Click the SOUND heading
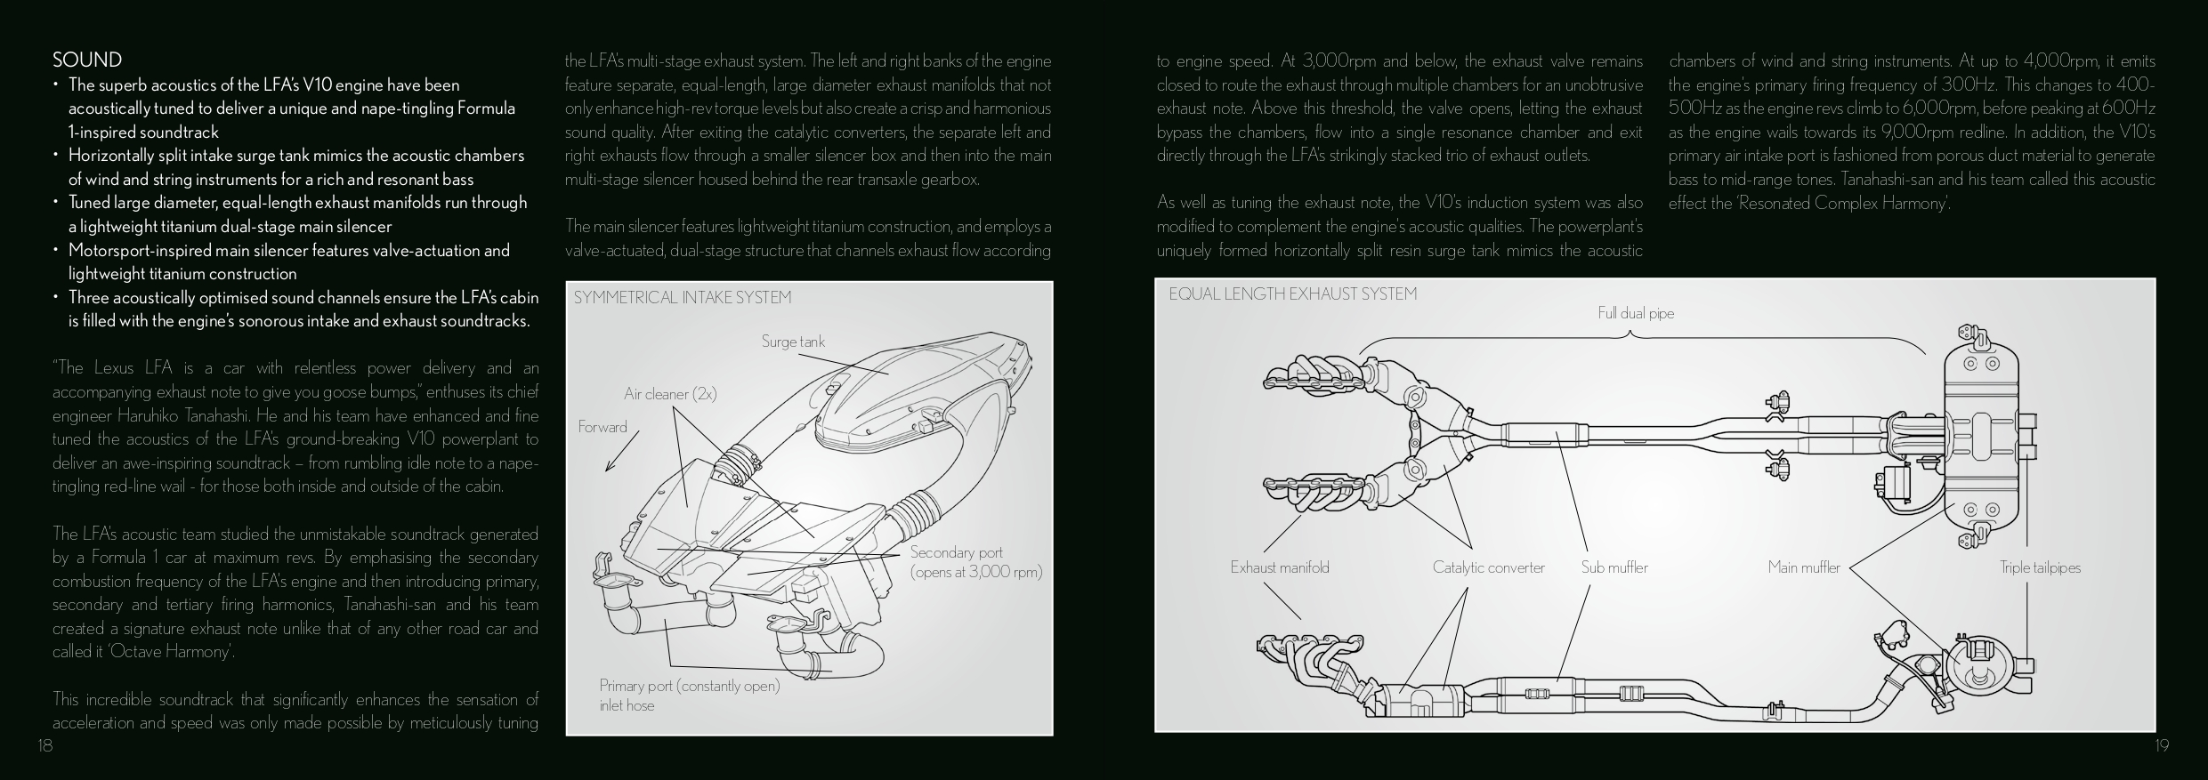87,60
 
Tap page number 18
45,745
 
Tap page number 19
2162,745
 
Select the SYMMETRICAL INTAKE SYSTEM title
682,297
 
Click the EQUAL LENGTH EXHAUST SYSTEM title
1292,294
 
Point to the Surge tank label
793,342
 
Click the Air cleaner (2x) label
670,394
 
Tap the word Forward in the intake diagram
603,427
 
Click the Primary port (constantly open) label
689,686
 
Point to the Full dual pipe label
1636,313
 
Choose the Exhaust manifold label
1279,567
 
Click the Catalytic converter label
1488,567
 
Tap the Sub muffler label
1614,567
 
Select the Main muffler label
1804,567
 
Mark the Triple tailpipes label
2040,567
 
